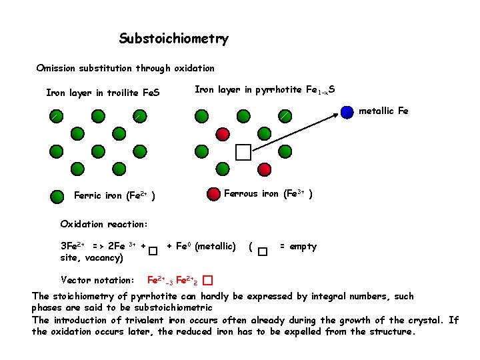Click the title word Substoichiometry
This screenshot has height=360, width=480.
173,39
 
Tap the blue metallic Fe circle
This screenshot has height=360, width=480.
347,112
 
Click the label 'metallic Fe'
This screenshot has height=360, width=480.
383,111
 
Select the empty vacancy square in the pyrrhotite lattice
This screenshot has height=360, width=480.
243,153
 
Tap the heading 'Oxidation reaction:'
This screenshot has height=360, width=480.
103,223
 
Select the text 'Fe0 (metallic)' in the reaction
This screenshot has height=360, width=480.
201,247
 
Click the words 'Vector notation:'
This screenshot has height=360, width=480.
97,279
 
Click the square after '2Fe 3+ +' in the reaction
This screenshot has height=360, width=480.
153,251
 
